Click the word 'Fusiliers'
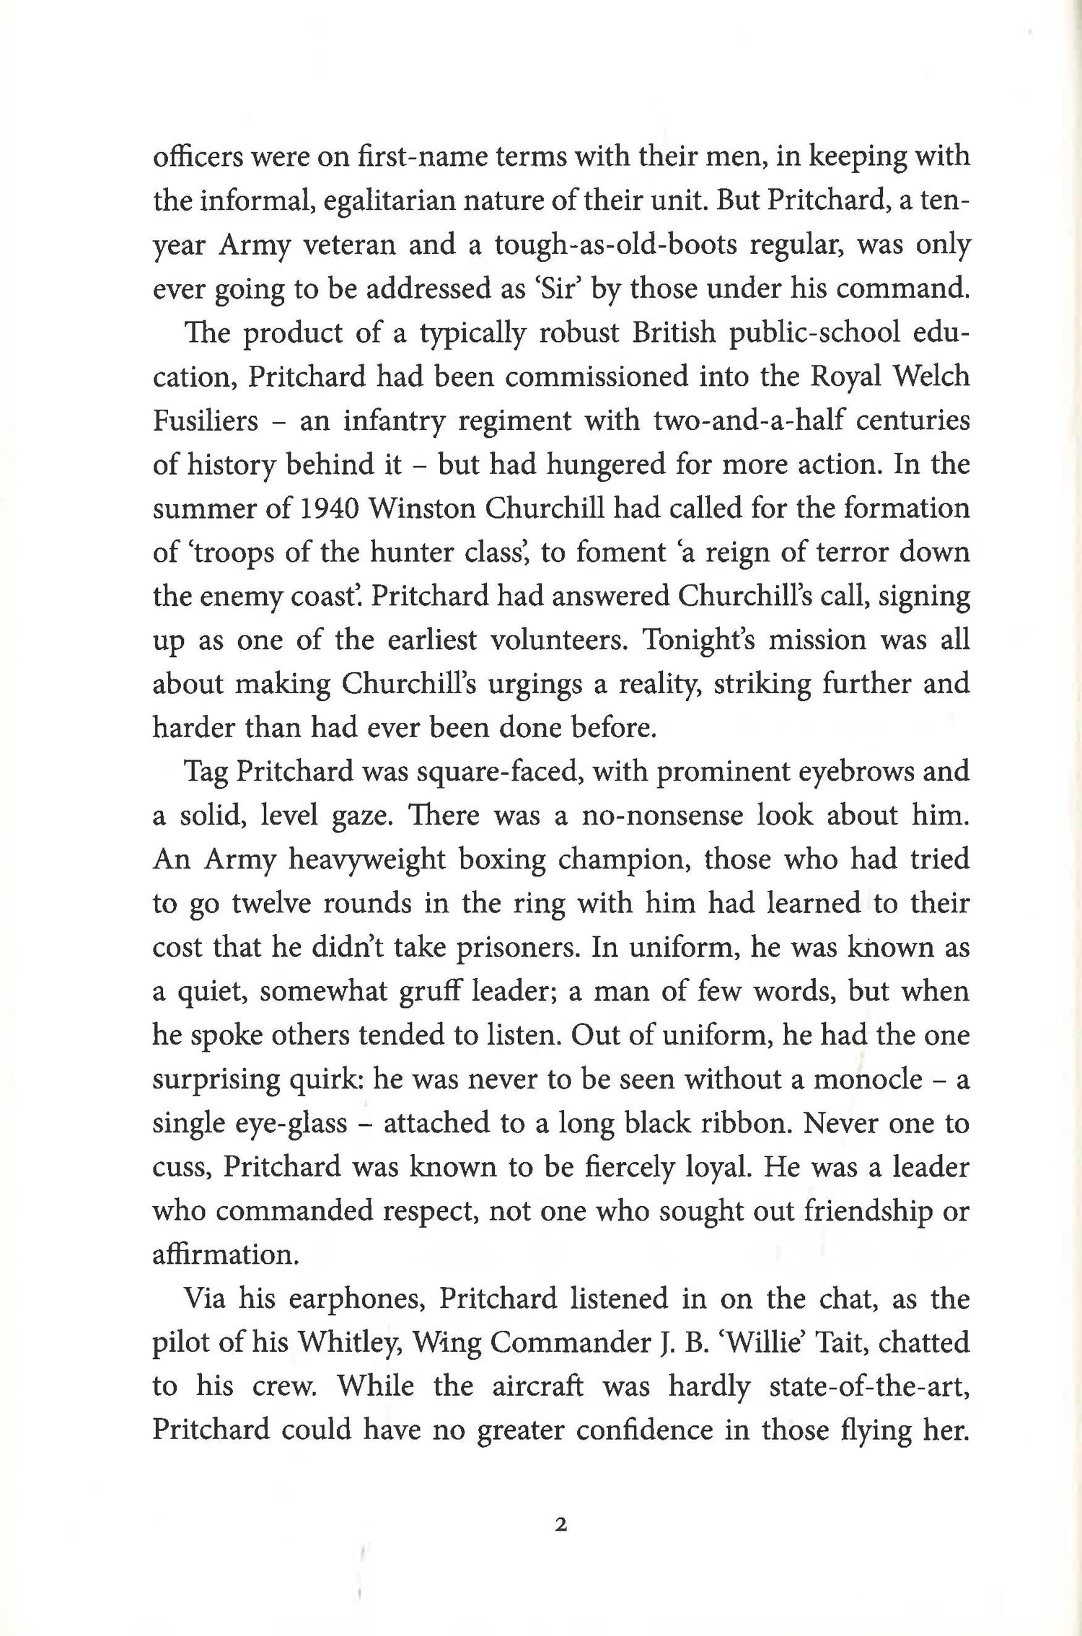206,421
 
